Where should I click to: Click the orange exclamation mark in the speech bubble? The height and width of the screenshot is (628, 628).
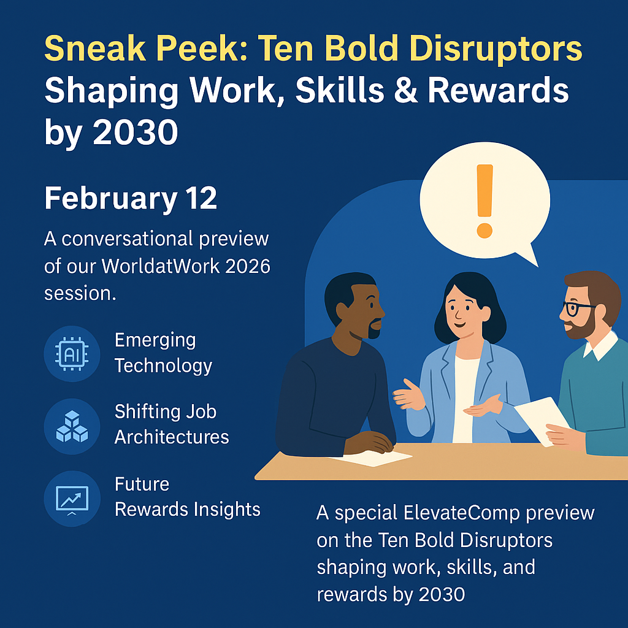click(x=484, y=200)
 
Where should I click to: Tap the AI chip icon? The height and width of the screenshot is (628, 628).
click(x=72, y=353)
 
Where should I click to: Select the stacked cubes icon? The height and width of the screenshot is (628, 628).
click(x=72, y=426)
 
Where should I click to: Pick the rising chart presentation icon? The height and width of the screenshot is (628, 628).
click(x=72, y=498)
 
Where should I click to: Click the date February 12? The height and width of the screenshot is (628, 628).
click(x=131, y=199)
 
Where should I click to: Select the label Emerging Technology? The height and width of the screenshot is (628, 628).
click(x=163, y=353)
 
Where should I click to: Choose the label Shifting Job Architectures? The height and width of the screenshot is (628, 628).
click(x=171, y=424)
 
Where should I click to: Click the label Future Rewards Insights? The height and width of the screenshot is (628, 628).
click(x=187, y=496)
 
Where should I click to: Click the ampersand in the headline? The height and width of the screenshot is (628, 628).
click(x=402, y=91)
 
